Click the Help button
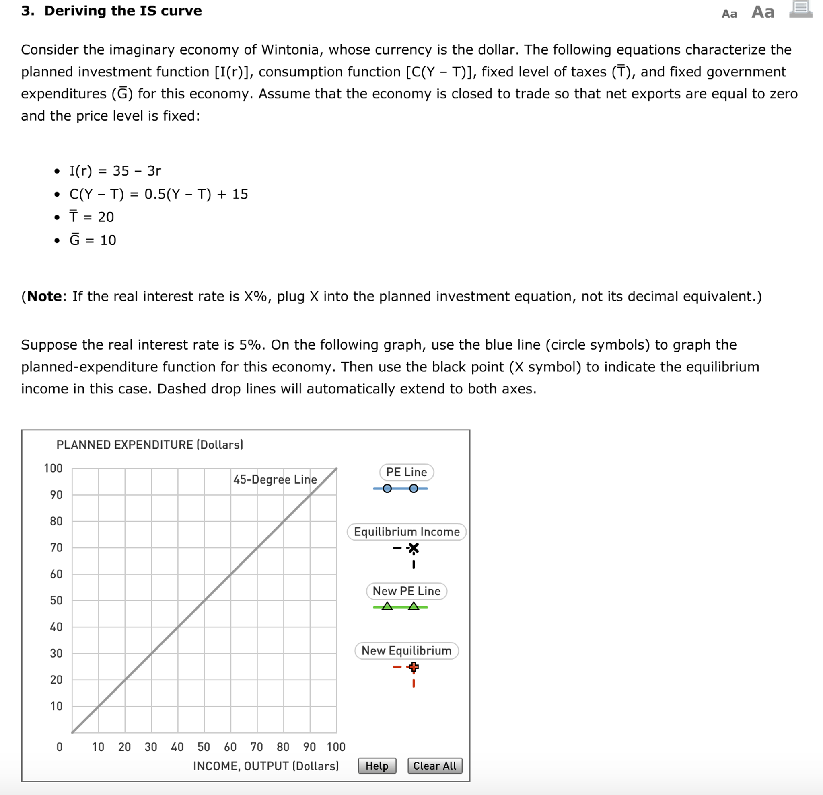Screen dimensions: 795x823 coord(377,766)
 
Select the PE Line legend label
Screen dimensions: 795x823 coord(406,472)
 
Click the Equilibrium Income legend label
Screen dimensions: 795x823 coord(406,531)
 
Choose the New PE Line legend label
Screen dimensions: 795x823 coord(406,591)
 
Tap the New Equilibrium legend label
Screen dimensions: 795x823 coord(406,650)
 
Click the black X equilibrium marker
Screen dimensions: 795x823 coord(414,548)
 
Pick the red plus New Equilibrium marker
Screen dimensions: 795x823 coord(414,667)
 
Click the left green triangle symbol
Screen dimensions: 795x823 coord(387,606)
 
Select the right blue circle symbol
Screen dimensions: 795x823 coord(414,488)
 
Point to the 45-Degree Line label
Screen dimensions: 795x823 coord(275,479)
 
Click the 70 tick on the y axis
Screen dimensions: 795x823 coord(56,547)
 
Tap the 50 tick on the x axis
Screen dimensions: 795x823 coord(204,747)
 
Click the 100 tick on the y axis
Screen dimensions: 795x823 coord(53,468)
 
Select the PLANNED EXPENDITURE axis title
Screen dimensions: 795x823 coord(150,444)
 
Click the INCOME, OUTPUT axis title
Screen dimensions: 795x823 coord(265,766)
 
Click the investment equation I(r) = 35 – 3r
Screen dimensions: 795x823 coord(115,171)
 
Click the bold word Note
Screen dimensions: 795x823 coord(45,296)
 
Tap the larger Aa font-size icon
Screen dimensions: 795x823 coord(763,12)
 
